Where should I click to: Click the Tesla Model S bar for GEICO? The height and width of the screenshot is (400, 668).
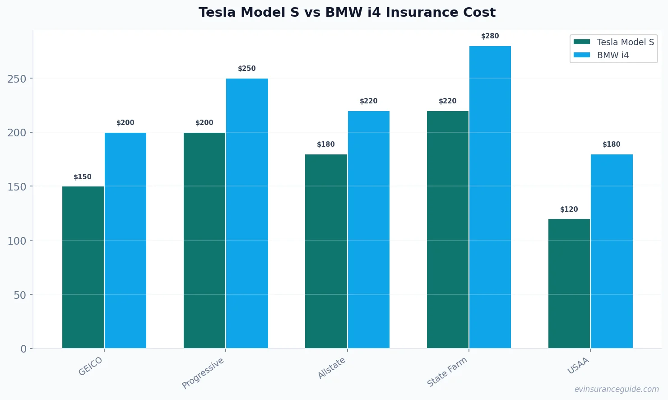click(x=83, y=267)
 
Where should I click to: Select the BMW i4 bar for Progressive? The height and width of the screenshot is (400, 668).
click(x=247, y=213)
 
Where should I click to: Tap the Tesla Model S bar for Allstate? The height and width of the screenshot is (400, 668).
click(x=326, y=251)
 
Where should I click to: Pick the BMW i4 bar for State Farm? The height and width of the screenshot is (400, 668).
click(x=490, y=197)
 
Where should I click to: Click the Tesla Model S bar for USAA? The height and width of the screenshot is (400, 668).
click(x=569, y=284)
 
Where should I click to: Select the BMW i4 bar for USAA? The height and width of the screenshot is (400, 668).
click(x=612, y=251)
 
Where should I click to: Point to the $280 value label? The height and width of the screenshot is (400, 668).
click(x=490, y=36)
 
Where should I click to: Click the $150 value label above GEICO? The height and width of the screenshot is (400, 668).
click(x=83, y=177)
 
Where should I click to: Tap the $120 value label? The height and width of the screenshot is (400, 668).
click(x=569, y=209)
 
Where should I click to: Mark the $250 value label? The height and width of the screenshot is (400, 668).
click(x=247, y=69)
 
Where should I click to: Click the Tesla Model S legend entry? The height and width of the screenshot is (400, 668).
click(x=614, y=42)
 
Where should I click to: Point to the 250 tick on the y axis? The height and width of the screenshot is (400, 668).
click(x=17, y=79)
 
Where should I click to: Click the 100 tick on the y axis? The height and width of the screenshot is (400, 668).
click(x=17, y=241)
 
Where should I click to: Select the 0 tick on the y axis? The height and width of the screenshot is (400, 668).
click(x=23, y=349)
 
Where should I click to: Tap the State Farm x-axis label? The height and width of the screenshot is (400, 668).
click(x=447, y=372)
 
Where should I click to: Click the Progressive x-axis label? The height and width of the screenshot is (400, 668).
click(x=203, y=373)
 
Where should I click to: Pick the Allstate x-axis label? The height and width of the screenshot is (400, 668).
click(x=332, y=368)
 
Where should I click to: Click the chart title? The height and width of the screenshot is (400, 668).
click(x=347, y=12)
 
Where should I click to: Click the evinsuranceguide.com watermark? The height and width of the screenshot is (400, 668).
click(x=617, y=389)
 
